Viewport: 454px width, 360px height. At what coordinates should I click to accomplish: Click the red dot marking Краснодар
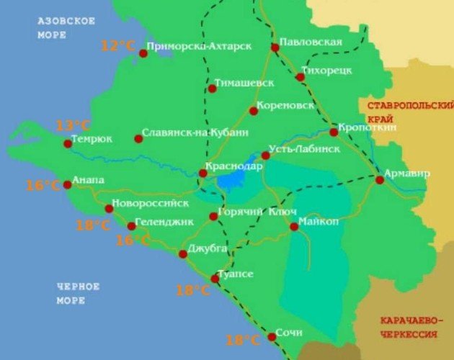point(203,173)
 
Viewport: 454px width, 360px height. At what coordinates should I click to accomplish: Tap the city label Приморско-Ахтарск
point(198,48)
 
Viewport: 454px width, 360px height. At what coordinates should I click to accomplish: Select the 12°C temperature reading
point(117,46)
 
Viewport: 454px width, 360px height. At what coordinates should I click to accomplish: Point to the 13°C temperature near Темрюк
point(68,125)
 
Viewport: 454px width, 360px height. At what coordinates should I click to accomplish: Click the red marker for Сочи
point(272,336)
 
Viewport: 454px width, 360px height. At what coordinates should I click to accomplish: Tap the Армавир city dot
point(380,180)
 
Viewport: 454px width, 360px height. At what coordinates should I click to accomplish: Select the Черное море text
point(78,293)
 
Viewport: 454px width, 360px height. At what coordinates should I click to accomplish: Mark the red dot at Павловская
point(275,48)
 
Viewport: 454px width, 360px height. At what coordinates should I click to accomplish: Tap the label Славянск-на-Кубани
point(195,132)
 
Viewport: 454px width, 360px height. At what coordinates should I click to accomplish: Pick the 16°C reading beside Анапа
point(43,186)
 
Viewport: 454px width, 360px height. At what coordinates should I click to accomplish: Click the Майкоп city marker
point(294,226)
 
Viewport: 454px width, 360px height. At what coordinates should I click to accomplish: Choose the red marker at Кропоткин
point(334,132)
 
